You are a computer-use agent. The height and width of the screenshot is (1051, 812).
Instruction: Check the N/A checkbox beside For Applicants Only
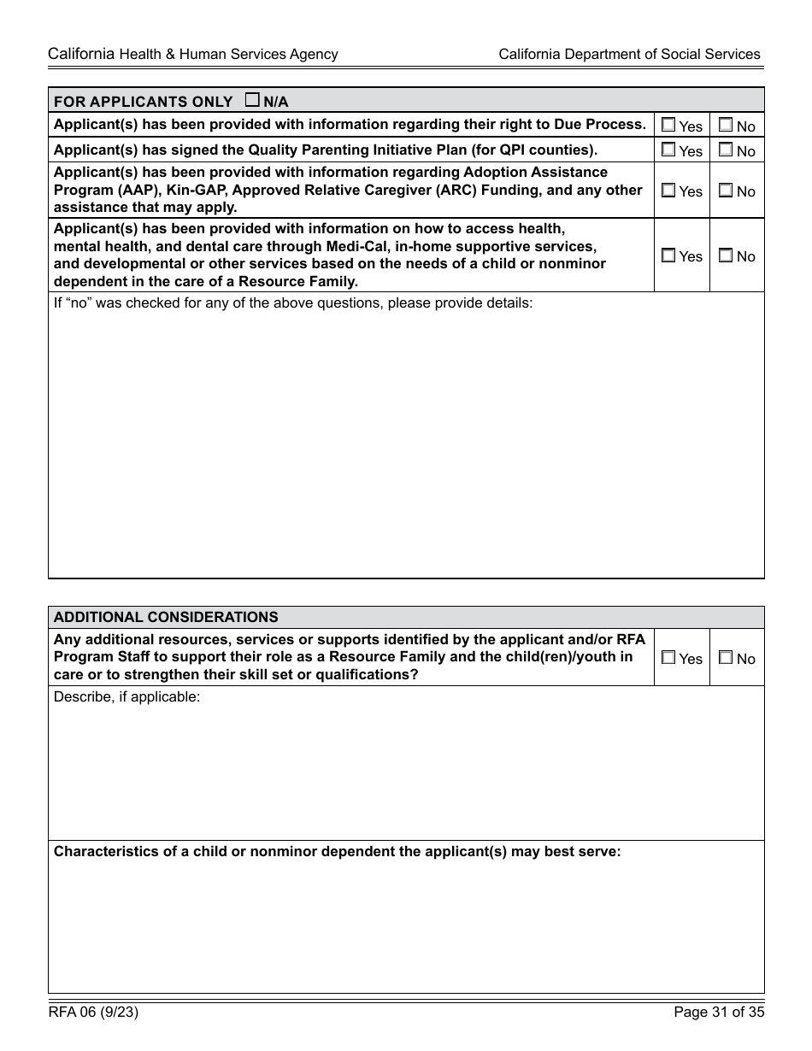(x=252, y=100)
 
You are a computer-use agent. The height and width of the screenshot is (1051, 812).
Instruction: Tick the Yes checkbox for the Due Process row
(x=668, y=125)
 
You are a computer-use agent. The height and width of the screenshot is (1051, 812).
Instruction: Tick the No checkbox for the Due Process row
(x=726, y=125)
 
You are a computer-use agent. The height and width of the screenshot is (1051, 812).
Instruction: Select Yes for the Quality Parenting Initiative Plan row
(x=668, y=150)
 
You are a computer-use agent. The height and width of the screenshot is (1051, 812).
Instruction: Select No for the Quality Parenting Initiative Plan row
(x=726, y=150)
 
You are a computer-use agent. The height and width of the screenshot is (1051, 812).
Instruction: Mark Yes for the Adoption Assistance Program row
(x=668, y=191)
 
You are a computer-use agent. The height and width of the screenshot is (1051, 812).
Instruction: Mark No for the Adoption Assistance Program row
(x=726, y=191)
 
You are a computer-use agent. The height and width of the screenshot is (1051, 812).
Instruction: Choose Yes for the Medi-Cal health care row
(x=668, y=255)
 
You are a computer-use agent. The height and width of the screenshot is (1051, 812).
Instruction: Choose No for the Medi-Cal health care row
(x=726, y=255)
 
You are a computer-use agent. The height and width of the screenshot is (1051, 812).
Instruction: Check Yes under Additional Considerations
(x=668, y=658)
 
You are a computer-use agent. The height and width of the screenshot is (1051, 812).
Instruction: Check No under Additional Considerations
(x=726, y=658)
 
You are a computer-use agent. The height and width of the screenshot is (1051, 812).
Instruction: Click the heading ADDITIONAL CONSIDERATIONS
(x=166, y=617)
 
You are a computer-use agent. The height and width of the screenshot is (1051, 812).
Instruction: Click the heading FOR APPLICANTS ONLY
(x=143, y=102)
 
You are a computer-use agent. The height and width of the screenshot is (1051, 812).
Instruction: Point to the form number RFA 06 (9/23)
(x=93, y=1013)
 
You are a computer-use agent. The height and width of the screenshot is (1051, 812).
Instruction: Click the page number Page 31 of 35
(x=718, y=1013)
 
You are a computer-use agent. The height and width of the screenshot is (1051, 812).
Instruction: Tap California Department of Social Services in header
(x=629, y=54)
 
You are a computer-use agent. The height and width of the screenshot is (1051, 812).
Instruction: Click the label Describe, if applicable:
(x=127, y=696)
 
